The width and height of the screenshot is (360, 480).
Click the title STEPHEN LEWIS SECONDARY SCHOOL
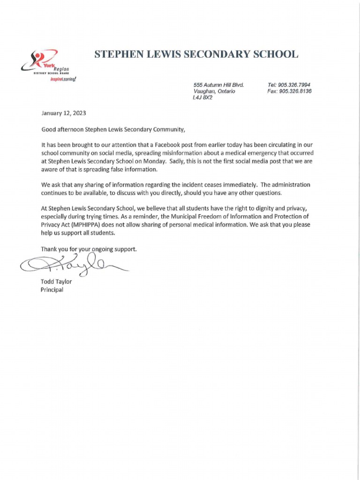click(196, 54)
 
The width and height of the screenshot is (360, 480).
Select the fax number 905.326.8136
click(295, 91)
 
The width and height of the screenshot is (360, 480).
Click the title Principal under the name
click(52, 290)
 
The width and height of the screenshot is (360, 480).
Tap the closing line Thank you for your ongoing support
click(89, 249)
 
